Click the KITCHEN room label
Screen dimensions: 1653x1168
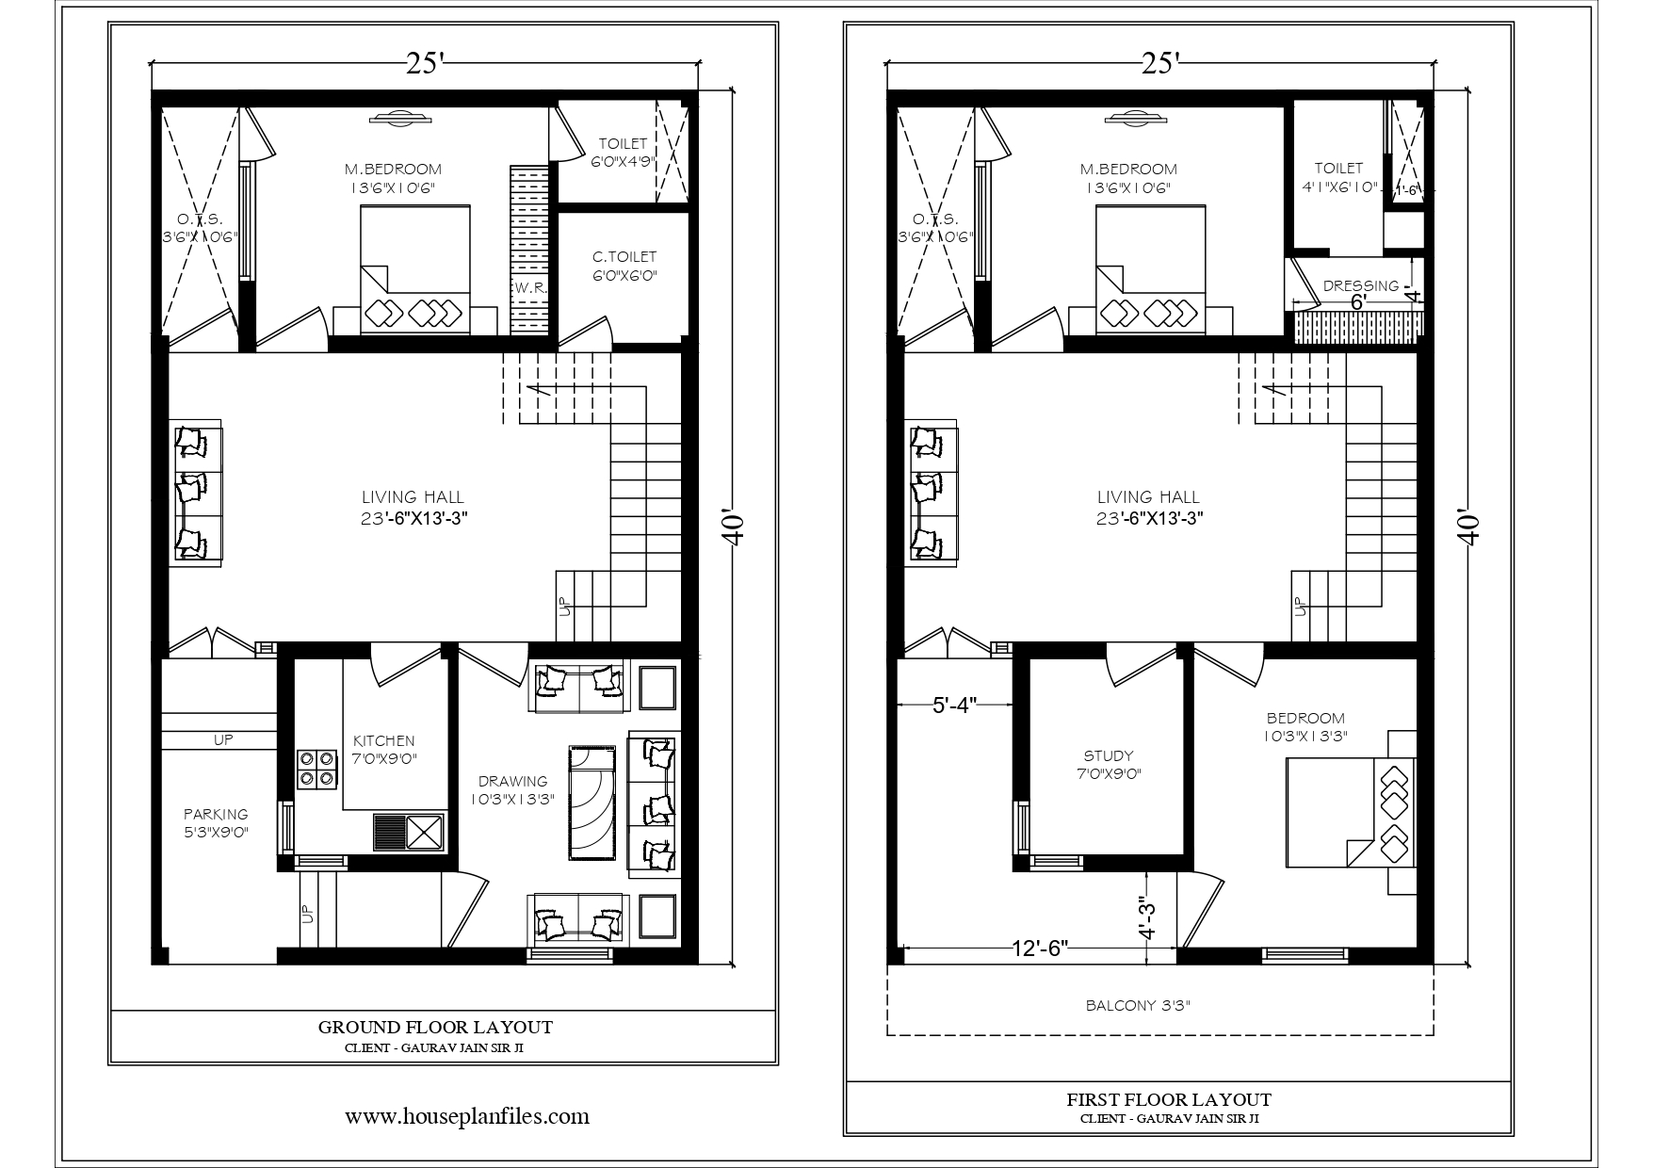tap(383, 741)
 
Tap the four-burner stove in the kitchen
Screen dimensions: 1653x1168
tap(317, 769)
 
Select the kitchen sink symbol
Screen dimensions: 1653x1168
tap(409, 832)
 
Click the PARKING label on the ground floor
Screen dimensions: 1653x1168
tap(216, 814)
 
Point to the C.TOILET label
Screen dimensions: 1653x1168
tap(624, 256)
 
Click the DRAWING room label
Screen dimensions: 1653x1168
tap(512, 781)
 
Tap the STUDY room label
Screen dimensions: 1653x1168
tap(1109, 755)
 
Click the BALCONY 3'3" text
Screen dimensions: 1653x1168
tap(1138, 1005)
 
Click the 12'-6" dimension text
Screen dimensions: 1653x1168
tap(1037, 947)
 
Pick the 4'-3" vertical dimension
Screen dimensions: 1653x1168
tap(1145, 917)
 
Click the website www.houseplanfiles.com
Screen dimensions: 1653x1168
tap(467, 1116)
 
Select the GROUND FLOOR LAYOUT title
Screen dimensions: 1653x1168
tap(435, 1027)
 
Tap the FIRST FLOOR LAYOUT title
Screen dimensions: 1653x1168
tap(1169, 1099)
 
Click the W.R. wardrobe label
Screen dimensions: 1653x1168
tap(530, 287)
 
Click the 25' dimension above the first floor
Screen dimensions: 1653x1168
tap(1159, 62)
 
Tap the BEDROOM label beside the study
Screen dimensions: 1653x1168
tap(1305, 718)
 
